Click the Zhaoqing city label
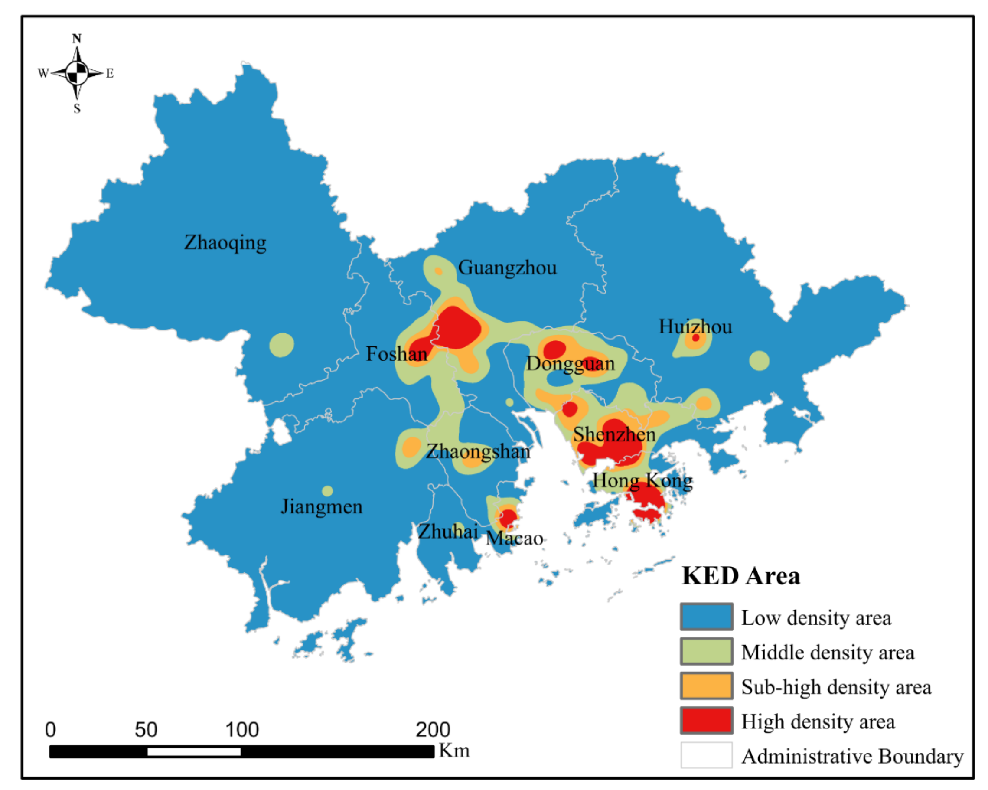(x=225, y=243)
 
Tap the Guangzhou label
(x=507, y=268)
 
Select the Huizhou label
(x=695, y=327)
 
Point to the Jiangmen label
(x=321, y=507)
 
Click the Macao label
(x=514, y=538)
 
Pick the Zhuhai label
(x=448, y=531)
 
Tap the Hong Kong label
(x=642, y=481)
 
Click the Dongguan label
(x=570, y=364)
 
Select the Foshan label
(x=396, y=354)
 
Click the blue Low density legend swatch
(x=706, y=617)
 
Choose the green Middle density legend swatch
(x=706, y=651)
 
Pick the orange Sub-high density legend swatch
(x=706, y=686)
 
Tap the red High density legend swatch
(x=706, y=720)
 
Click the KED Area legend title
(x=740, y=576)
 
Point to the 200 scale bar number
(x=433, y=729)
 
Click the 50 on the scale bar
(x=146, y=729)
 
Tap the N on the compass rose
(x=77, y=39)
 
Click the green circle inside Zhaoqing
(x=281, y=345)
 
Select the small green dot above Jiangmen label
(x=327, y=491)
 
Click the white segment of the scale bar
(x=194, y=751)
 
